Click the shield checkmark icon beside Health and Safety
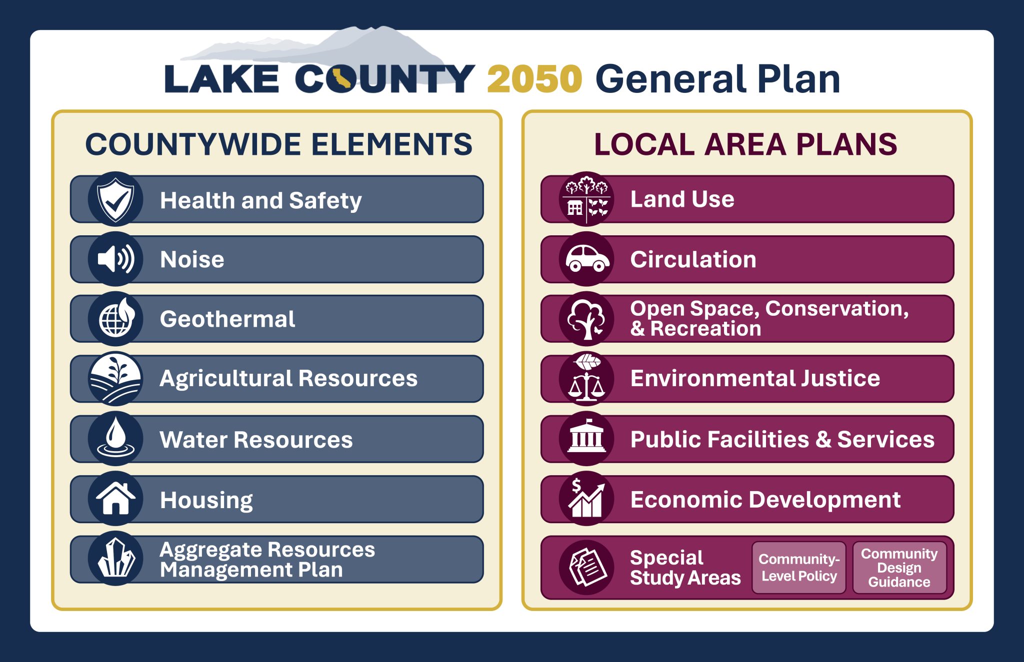tap(115, 199)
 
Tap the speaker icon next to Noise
tap(115, 259)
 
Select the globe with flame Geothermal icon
tap(115, 319)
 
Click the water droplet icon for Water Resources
tap(115, 438)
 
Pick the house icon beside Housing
tap(115, 498)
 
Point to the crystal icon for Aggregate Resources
tap(115, 558)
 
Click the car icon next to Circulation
tap(586, 259)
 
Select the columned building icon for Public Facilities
tap(586, 438)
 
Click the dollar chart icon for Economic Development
tap(586, 498)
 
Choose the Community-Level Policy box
tap(798, 568)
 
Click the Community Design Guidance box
tap(899, 568)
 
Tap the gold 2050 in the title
tap(534, 79)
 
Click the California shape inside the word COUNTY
tap(341, 79)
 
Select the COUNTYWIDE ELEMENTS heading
tap(278, 144)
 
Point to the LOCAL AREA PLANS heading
tap(745, 144)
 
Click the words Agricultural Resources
tap(288, 378)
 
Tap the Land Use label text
tap(682, 199)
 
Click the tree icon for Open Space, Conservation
tap(586, 319)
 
